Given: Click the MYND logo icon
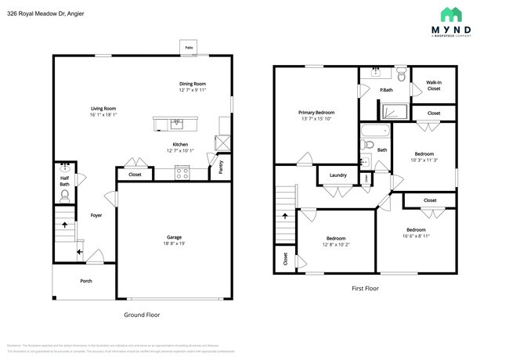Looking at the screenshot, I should (451, 14).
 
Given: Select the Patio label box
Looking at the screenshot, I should (189, 48).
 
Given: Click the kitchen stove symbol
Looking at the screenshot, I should (182, 174).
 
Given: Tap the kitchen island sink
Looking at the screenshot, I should (176, 122).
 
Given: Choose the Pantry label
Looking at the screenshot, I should (221, 166).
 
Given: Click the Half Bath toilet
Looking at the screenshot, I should (65, 196).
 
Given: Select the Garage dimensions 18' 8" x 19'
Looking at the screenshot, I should (174, 243).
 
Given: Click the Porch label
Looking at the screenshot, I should (85, 280).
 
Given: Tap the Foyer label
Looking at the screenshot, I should (96, 214).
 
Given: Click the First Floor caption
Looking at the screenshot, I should (365, 288).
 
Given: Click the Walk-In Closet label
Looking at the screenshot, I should (433, 85).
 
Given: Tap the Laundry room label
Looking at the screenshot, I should (338, 175).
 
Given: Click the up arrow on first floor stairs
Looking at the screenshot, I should (285, 214).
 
